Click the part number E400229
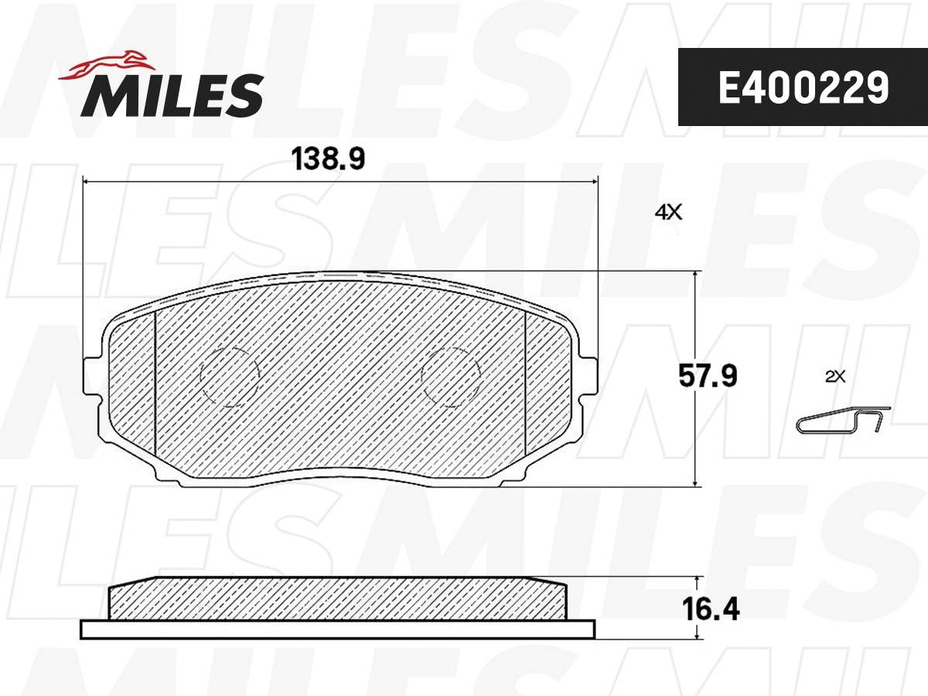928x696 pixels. [803, 88]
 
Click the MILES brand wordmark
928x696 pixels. [172, 94]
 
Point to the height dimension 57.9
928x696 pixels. [708, 377]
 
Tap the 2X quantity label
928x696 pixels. [835, 377]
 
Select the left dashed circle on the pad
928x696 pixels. [229, 375]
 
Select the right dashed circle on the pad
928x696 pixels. [450, 375]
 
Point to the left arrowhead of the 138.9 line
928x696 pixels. [86, 182]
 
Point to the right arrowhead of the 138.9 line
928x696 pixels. [595, 182]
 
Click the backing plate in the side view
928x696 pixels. [338, 629]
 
